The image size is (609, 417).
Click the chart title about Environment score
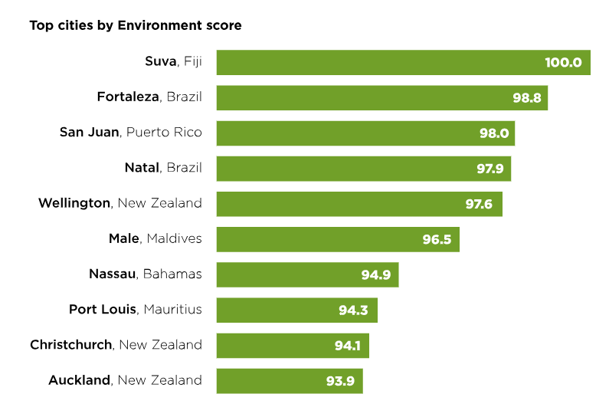136,25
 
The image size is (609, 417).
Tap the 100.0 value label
563,62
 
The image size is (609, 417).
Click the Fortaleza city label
128,97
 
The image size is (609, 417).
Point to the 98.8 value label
528,97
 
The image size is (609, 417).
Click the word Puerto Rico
164,132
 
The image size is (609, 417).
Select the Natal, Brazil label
163,168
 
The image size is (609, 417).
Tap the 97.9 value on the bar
489,169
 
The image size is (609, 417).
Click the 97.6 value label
482,204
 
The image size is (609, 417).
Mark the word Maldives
173,238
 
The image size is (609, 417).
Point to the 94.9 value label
376,274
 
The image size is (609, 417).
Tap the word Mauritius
172,309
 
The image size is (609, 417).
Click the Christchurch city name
71,345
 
